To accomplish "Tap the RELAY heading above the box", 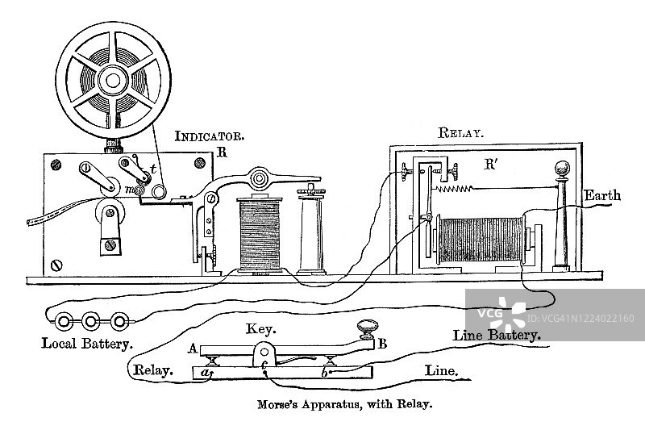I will click(x=460, y=133).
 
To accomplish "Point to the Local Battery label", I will click(x=87, y=343).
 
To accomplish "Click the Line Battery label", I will click(x=497, y=333).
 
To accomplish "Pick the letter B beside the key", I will click(x=382, y=344).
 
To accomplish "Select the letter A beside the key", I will click(x=193, y=349).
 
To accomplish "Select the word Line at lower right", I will click(x=441, y=372).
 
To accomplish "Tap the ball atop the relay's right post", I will click(x=560, y=170).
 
